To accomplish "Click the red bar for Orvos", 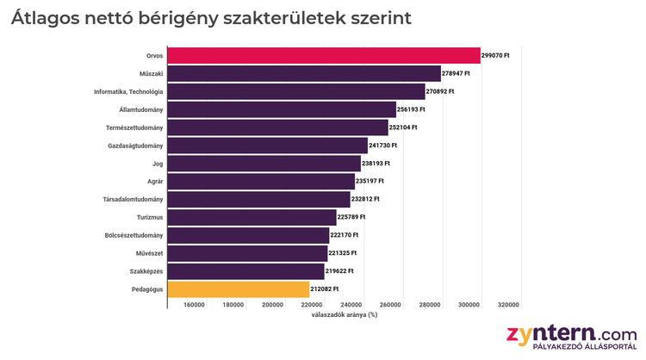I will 324,55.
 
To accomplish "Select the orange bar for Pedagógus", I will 239,289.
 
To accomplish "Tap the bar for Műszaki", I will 304,73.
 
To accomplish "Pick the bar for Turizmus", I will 252,217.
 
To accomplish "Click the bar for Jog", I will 264,163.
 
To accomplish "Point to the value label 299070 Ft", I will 496,55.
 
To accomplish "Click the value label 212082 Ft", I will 325,289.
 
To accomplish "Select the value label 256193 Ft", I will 412,109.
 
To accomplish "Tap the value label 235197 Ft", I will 370,181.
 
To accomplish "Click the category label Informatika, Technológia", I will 128,91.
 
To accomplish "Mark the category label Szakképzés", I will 143,271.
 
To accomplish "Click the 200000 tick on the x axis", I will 272,305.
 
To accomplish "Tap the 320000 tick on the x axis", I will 508,305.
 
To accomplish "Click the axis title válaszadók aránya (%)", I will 345,315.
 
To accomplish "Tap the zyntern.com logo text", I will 572,332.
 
